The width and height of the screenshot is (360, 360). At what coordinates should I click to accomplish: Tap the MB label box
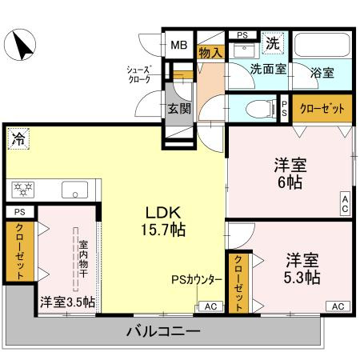tap(177, 45)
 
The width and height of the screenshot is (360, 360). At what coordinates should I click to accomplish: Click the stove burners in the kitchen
tap(23, 190)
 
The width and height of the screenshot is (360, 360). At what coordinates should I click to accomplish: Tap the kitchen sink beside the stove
tap(75, 190)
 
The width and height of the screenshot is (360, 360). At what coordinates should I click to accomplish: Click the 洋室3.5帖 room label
tap(67, 302)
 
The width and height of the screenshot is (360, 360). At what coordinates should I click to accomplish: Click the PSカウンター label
tap(197, 280)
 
